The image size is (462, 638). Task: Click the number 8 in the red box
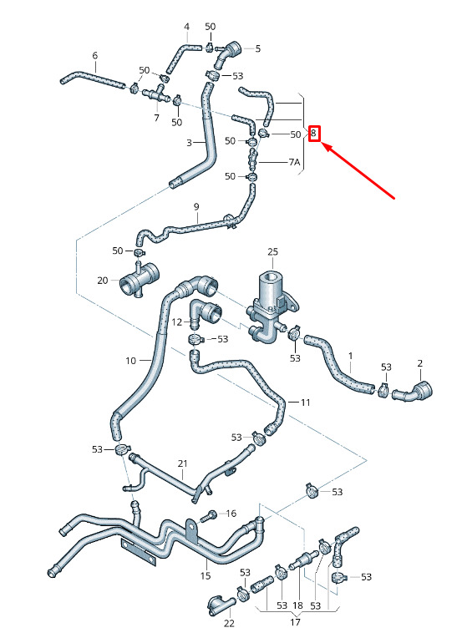(313, 133)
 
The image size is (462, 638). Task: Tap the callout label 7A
(294, 162)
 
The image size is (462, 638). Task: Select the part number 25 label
(272, 252)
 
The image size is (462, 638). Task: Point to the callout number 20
(102, 281)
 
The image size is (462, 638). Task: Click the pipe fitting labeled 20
(140, 281)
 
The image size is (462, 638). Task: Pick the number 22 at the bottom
(229, 623)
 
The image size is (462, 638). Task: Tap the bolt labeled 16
(211, 516)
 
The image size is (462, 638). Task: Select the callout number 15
(206, 575)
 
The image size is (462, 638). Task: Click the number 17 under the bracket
(295, 622)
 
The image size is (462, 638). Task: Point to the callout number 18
(297, 605)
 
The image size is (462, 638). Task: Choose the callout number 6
(95, 55)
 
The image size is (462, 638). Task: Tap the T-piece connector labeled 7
(158, 94)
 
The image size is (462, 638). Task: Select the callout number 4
(186, 27)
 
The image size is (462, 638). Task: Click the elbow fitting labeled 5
(228, 53)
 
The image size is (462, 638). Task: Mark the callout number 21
(182, 463)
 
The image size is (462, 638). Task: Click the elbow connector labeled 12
(206, 312)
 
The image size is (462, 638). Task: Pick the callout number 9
(196, 207)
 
